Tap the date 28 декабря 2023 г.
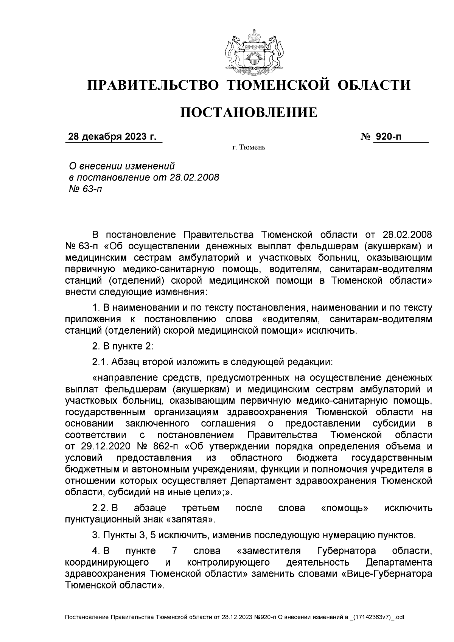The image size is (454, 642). click(112, 137)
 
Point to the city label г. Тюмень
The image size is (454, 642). click(249, 147)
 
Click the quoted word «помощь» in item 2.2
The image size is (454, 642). click(345, 508)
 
